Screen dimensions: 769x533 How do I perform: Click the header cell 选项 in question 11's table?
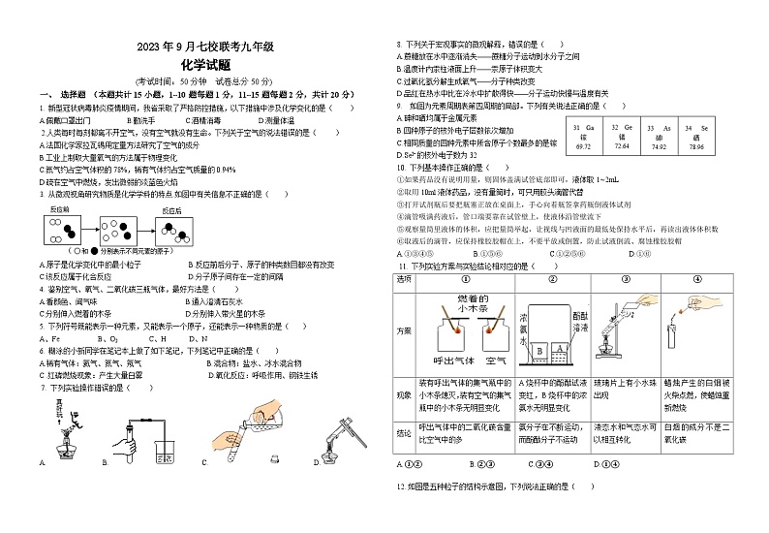(x=404, y=279)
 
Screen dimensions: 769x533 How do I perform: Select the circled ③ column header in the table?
(x=611, y=279)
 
